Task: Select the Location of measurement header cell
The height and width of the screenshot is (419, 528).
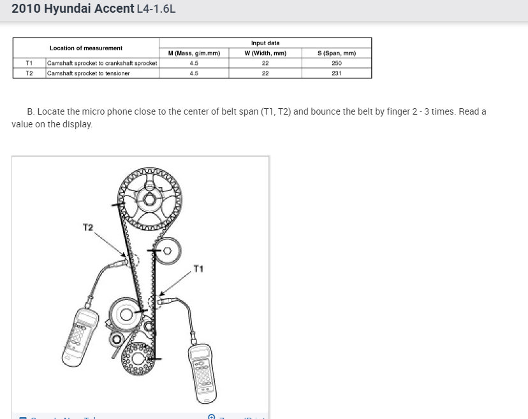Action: [x=86, y=48]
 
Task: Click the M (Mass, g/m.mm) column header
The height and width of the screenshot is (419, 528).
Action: [x=194, y=53]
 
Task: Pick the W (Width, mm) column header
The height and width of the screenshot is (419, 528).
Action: [x=265, y=53]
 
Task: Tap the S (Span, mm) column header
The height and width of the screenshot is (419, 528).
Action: [x=336, y=53]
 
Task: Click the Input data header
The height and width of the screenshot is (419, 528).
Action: [x=265, y=43]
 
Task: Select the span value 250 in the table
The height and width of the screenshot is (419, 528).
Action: [x=336, y=63]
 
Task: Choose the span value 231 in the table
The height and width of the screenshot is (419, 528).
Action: [x=336, y=73]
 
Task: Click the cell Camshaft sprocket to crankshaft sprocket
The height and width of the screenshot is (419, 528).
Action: [x=102, y=63]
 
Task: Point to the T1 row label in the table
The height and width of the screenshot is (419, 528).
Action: [x=29, y=63]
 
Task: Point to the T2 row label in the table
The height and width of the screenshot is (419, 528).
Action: [x=29, y=73]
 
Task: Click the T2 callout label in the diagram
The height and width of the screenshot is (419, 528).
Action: [x=88, y=227]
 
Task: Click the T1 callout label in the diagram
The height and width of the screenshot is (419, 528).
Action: [x=198, y=269]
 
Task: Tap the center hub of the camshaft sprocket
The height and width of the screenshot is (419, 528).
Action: [x=149, y=200]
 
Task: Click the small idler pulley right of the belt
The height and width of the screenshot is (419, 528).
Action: [x=167, y=251]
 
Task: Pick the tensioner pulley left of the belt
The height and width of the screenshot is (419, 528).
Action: [x=125, y=314]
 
